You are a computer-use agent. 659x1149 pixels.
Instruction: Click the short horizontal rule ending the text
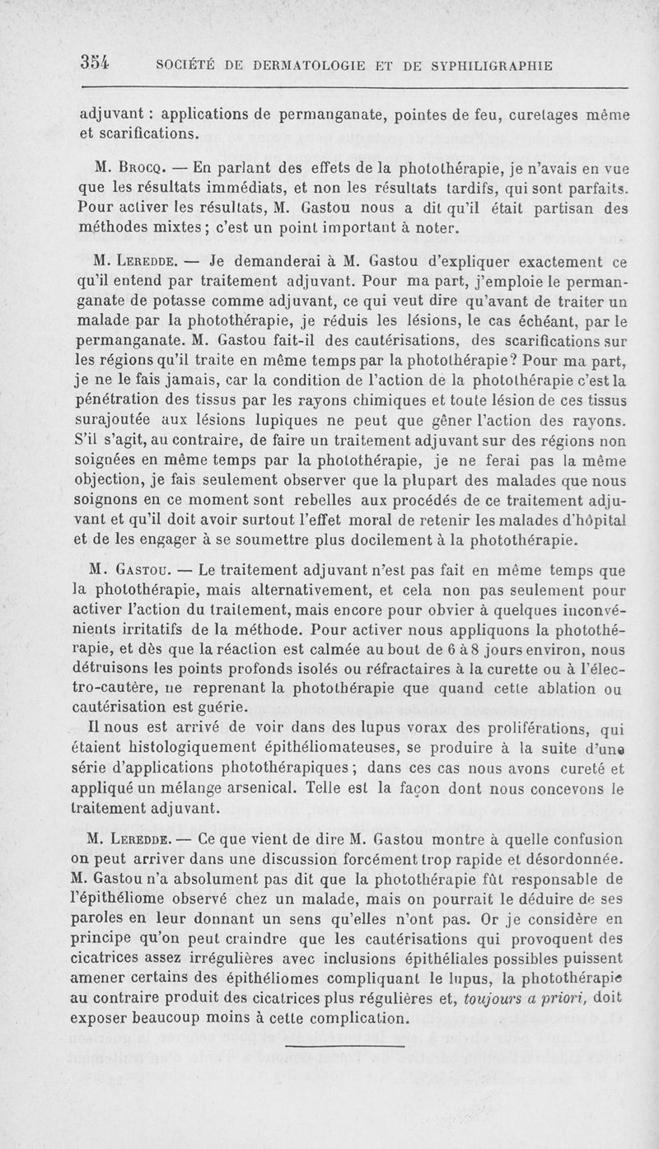[345, 1046]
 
